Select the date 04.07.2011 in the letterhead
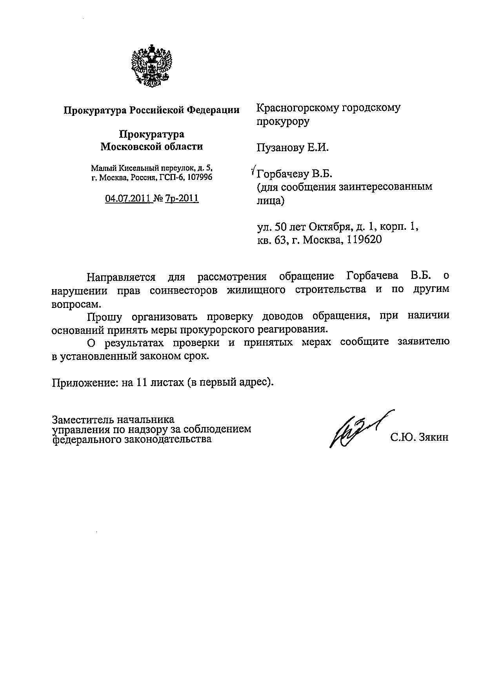[127, 199]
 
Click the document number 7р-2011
[182, 199]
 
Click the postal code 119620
[364, 240]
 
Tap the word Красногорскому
[296, 108]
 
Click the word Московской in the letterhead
[127, 147]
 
